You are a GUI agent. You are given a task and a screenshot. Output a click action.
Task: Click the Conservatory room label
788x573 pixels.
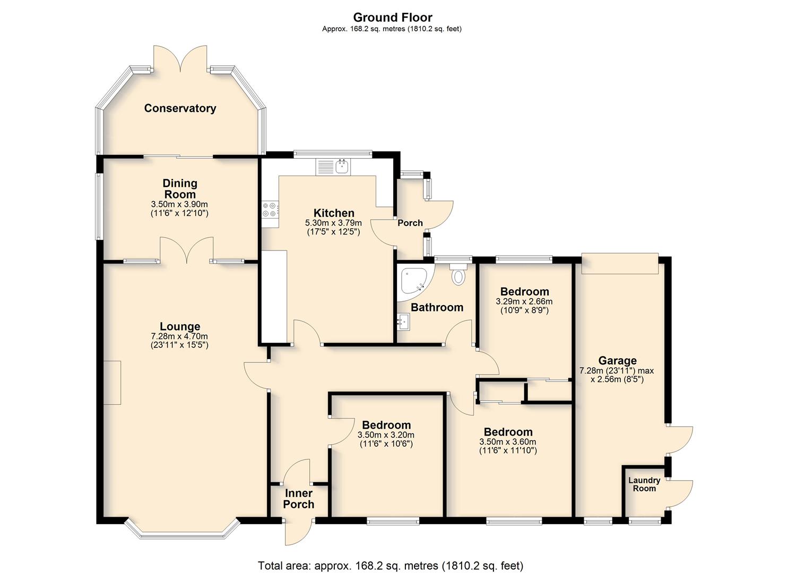180,108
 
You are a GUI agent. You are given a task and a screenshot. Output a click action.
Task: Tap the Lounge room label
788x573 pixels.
180,326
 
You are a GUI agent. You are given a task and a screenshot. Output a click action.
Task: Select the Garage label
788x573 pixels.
617,361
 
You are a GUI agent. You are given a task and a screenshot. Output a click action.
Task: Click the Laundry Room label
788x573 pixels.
644,484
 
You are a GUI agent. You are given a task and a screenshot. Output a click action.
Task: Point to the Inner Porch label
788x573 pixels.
298,499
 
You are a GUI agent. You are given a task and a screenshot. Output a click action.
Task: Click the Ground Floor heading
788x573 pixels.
393,17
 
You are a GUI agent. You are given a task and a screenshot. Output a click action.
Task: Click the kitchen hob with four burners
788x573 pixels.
270,209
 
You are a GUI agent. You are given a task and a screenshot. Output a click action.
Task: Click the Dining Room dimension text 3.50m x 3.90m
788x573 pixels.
179,204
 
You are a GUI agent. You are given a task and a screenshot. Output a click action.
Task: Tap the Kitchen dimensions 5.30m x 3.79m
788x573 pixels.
333,223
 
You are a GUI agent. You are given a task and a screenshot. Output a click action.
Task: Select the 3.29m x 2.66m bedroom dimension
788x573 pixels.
524,301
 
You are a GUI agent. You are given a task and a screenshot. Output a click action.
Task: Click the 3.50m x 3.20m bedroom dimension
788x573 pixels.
386,435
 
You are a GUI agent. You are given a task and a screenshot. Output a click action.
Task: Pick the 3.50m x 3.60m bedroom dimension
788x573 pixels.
508,442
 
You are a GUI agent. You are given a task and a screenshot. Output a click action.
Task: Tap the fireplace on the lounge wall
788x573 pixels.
112,383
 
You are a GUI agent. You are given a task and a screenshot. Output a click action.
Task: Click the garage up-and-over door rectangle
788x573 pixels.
620,264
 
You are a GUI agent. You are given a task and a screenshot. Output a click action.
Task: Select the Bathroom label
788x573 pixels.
437,307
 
